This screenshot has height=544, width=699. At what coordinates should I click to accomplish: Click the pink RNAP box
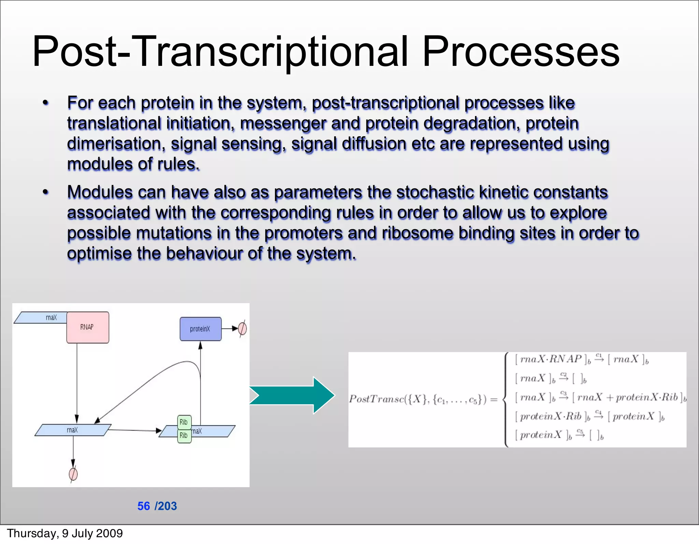pos(88,327)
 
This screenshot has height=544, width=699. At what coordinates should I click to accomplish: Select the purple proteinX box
pos(200,329)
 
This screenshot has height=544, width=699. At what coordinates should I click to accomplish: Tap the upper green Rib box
pos(184,422)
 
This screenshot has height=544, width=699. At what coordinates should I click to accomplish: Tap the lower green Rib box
pos(184,436)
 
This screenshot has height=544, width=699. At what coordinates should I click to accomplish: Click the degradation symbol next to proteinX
pos(242,329)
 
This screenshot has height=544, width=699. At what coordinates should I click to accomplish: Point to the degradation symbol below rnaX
pos(73,474)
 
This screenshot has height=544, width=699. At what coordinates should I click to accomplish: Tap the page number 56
pos(143,506)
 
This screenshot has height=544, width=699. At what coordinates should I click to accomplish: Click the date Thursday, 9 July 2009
pos(65,533)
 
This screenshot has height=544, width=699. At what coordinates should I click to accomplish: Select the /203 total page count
pos(166,506)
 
